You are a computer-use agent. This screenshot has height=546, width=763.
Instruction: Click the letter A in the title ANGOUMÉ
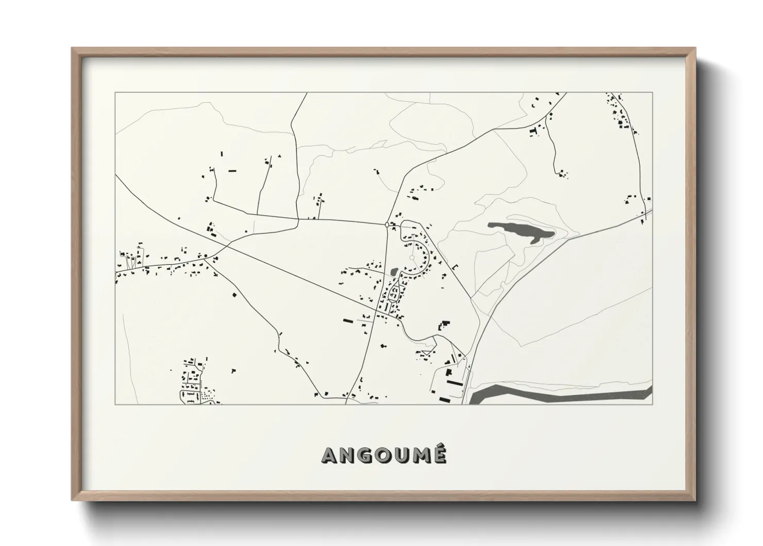tap(330, 455)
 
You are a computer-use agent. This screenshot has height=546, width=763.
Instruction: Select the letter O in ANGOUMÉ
tap(384, 455)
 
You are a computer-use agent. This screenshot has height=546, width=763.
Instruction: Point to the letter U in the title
tap(402, 455)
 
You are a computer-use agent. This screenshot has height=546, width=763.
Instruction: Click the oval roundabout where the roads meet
tap(387, 224)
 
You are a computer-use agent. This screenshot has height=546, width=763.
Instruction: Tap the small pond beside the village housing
tap(394, 270)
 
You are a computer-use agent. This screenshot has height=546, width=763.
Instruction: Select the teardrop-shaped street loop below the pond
tap(395, 294)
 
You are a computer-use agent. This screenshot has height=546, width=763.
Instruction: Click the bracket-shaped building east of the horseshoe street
tap(455, 267)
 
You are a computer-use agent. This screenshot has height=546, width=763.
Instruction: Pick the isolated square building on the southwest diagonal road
tap(235, 295)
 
